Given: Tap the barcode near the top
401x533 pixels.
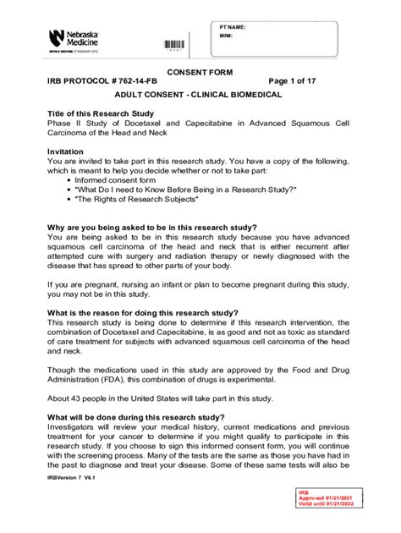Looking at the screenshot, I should pos(173,45).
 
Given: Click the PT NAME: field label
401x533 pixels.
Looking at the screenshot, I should pos(233,27).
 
